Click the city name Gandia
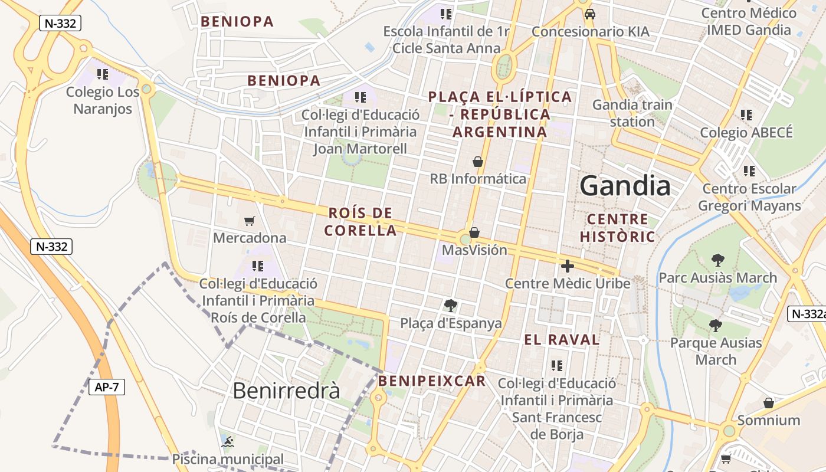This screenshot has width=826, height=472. pos(625,186)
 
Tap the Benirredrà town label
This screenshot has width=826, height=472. pos(286,391)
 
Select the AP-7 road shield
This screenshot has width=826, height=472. pos(107,387)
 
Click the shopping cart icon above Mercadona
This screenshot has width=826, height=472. pos(250,221)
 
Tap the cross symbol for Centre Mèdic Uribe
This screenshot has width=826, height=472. pos(567,266)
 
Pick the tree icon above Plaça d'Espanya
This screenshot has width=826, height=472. pos(451,306)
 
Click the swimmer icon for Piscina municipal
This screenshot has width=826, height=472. pos(227,442)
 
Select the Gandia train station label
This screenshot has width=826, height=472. pos(632,113)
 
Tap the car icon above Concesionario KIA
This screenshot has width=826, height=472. pos(589,14)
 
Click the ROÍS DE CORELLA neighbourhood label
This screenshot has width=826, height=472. pos(360,222)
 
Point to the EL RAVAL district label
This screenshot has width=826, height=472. pos(562,340)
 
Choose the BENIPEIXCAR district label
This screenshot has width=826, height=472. pos(432,381)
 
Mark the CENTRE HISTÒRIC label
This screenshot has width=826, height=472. pos(617,228)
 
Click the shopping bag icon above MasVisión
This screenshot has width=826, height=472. pos(474,232)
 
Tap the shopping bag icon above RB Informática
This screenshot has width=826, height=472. pos(478,162)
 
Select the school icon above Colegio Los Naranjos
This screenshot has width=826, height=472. pos(103,74)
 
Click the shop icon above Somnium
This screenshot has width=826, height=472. pos(768,403)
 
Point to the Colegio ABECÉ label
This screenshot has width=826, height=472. pos(746,133)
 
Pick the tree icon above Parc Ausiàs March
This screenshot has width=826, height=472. pos(717,260)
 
